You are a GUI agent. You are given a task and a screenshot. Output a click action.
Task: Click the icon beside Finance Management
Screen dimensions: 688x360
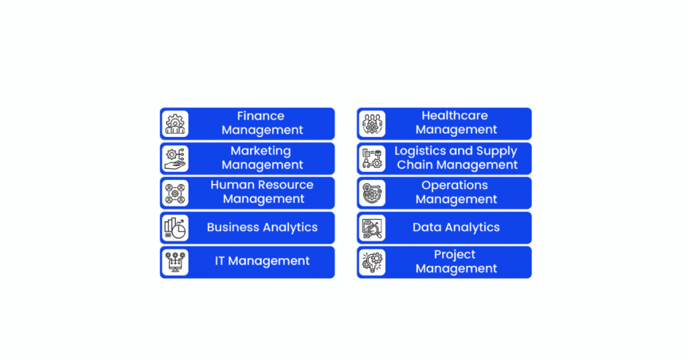click(175, 124)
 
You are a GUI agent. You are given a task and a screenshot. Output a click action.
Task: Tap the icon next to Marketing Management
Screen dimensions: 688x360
click(175, 159)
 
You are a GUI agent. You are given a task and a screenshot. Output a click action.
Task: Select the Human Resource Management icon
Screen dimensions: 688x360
click(175, 193)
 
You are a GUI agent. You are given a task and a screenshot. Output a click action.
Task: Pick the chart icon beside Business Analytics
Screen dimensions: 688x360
click(175, 228)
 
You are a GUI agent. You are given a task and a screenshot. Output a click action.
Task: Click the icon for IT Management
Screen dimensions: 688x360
click(175, 262)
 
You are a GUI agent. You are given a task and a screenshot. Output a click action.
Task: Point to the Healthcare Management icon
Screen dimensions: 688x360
click(372, 124)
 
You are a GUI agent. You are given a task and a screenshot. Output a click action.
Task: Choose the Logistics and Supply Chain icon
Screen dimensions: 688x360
click(372, 159)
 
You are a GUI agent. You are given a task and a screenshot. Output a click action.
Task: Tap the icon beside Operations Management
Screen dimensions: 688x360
click(372, 193)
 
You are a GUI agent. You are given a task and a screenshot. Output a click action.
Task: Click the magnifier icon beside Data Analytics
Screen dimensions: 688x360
click(372, 228)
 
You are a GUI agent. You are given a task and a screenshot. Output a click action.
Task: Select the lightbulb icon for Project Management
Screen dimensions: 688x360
click(372, 262)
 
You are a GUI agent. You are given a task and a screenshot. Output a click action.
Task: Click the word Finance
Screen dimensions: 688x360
click(261, 116)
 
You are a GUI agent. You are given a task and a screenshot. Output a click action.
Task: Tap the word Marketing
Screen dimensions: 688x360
click(261, 151)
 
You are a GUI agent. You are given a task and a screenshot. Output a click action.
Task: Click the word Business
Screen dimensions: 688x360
click(232, 227)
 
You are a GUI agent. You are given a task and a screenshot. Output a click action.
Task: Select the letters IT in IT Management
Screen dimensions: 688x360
click(220, 261)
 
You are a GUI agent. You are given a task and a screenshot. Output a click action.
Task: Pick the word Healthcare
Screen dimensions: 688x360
click(455, 116)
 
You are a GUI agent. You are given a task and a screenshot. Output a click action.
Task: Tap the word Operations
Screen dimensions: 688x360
click(455, 185)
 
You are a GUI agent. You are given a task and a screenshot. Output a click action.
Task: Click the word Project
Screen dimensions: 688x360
click(455, 255)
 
